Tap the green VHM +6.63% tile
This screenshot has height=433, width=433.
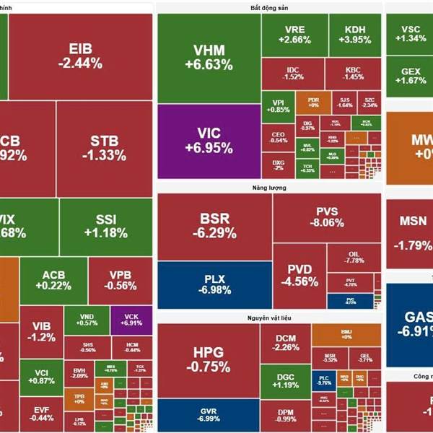coord(209,58)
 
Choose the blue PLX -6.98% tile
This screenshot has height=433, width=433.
coord(214,283)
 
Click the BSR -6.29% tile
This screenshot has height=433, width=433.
coord(214,226)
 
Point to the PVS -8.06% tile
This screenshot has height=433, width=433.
coord(326,216)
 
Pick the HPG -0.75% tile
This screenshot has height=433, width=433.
coord(208,359)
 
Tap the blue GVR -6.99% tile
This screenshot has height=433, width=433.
coord(208,414)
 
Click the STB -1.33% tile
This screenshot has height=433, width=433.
coord(104,148)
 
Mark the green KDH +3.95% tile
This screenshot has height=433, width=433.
coord(355,35)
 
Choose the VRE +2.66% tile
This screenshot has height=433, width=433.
coord(294,35)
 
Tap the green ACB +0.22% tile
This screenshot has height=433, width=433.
coord(53,280)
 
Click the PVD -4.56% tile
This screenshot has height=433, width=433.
coord(299,276)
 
